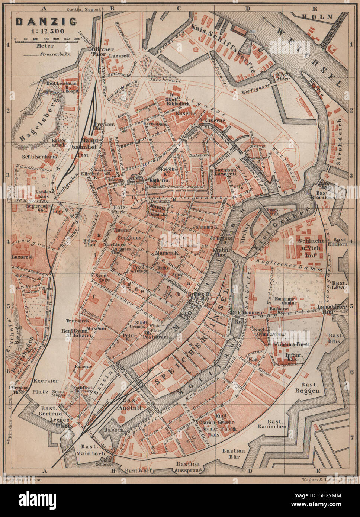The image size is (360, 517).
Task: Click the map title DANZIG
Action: pos(46,22)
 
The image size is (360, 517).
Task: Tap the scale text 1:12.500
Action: pos(46,31)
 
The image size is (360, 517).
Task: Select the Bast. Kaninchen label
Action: pos(273,424)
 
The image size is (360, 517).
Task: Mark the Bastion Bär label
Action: pos(234,454)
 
